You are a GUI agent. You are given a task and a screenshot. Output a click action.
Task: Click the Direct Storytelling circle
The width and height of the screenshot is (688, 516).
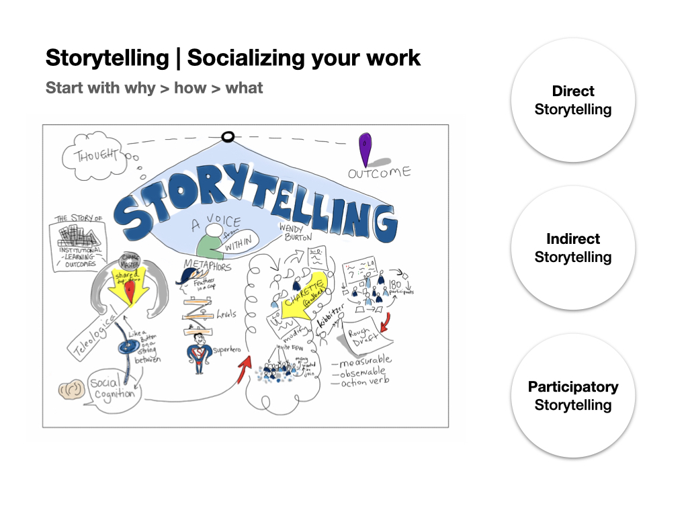tap(572, 100)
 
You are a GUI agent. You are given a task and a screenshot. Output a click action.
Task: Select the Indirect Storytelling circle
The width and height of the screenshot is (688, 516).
tap(572, 248)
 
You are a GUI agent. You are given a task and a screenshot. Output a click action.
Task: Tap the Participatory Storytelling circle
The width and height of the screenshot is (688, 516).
tap(572, 396)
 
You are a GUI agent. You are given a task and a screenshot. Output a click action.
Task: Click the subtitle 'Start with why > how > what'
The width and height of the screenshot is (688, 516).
tap(154, 88)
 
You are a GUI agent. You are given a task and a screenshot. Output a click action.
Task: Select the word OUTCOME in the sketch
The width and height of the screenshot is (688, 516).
tap(379, 173)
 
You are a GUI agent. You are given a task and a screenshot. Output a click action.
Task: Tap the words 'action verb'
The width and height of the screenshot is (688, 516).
tap(363, 382)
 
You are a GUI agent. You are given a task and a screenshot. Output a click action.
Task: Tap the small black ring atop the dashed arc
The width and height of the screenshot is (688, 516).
tap(228, 137)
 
